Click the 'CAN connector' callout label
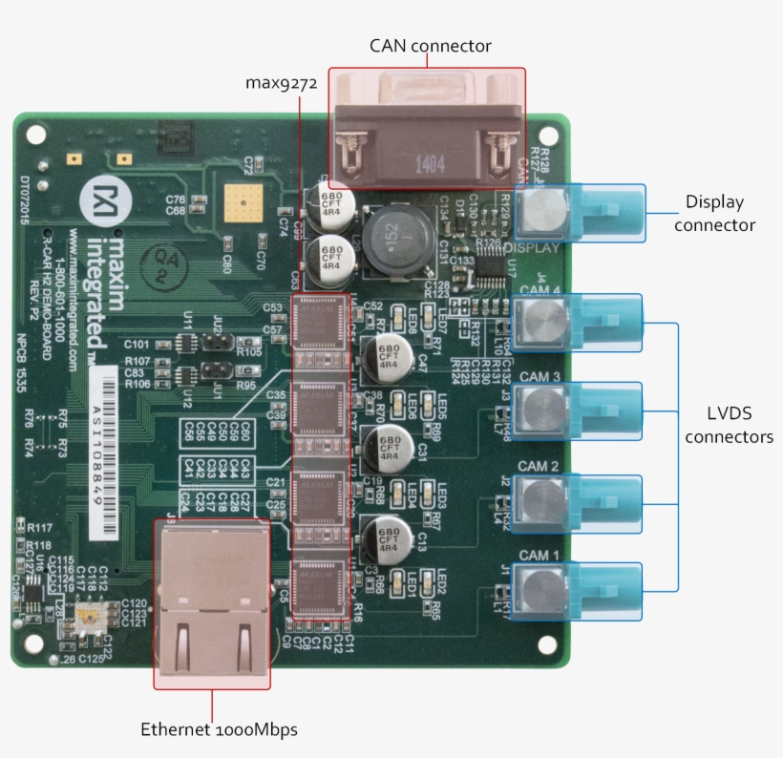click(430, 46)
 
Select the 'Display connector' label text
click(714, 214)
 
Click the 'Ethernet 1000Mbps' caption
click(219, 729)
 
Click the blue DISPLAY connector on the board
click(579, 212)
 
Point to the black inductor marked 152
click(392, 235)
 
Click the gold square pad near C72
click(242, 203)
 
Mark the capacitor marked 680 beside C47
click(387, 357)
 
